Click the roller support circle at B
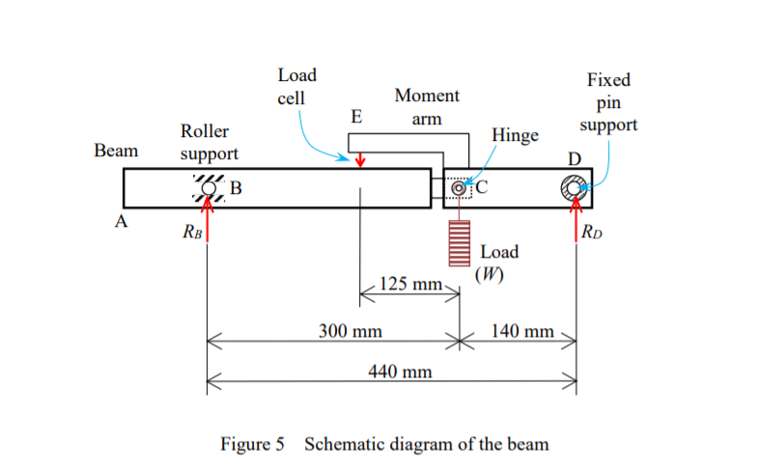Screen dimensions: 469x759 tap(208, 187)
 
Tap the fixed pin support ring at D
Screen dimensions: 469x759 tap(576, 187)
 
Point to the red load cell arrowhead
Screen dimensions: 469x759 tap(360, 161)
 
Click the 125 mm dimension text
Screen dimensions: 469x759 tap(409, 285)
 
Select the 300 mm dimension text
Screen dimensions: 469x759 tap(350, 331)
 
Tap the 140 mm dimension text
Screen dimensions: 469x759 tap(522, 331)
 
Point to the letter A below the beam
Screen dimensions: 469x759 tap(121, 222)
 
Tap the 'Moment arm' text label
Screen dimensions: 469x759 tap(427, 107)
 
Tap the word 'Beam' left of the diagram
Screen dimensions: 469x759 tap(116, 151)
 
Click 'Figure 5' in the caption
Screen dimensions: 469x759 tap(254, 444)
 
